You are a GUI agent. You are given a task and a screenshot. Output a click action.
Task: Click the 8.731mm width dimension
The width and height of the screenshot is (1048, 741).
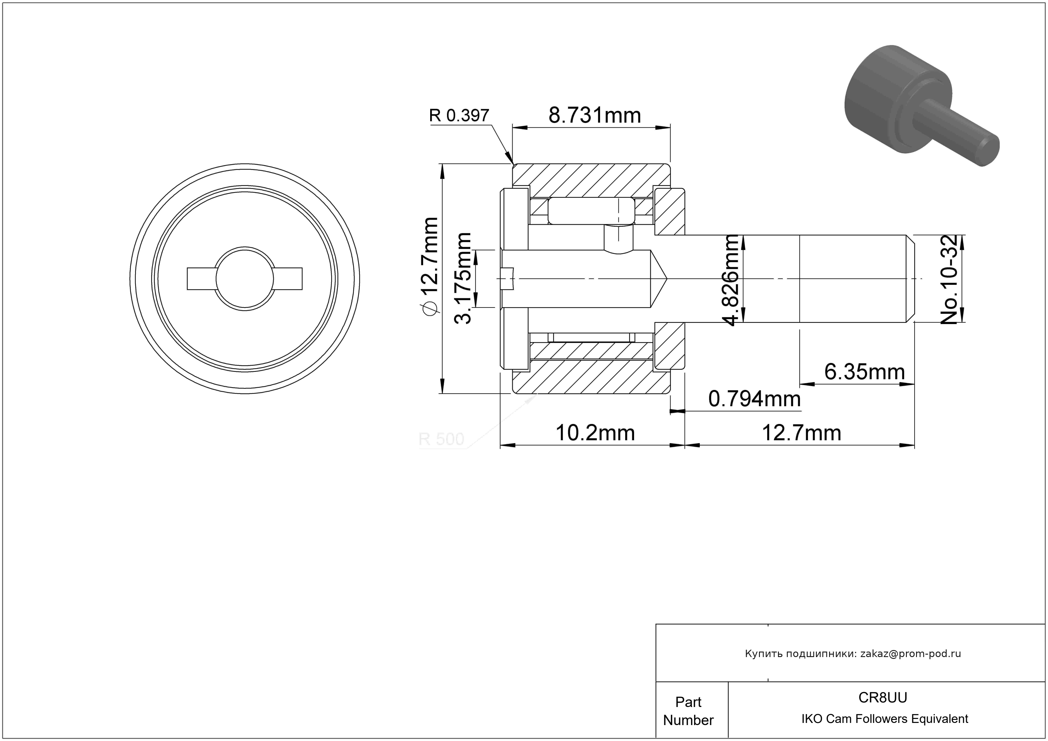(x=594, y=115)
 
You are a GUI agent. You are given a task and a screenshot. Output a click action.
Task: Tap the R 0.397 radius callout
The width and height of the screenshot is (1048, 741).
(x=459, y=115)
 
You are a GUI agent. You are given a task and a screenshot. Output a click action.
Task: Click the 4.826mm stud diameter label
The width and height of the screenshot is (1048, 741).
(x=731, y=280)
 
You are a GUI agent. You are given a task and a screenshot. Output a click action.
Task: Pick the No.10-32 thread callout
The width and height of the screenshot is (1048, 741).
(x=949, y=279)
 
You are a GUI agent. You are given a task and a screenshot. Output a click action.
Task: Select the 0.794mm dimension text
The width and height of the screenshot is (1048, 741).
(x=754, y=399)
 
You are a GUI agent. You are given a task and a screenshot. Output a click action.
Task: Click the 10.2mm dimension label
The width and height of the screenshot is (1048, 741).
(x=595, y=433)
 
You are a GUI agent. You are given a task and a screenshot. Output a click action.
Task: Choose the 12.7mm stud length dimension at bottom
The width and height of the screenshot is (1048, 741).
(x=802, y=433)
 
